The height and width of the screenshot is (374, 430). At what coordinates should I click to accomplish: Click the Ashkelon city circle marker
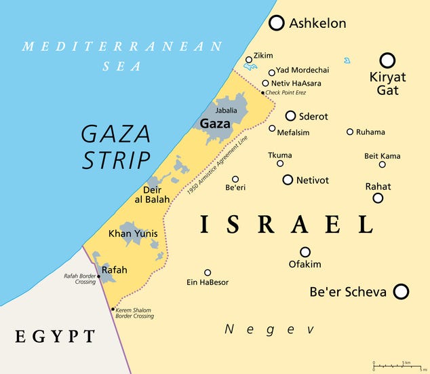pyautogui.click(x=277, y=23)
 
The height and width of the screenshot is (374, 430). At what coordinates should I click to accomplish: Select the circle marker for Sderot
pyautogui.click(x=290, y=116)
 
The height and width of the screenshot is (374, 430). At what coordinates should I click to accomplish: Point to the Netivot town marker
pyautogui.click(x=288, y=180)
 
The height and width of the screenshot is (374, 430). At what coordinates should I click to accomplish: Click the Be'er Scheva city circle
pyautogui.click(x=401, y=292)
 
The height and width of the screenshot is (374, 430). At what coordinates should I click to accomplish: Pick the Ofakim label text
pyautogui.click(x=305, y=264)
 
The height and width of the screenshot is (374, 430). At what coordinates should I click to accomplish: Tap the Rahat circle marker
pyautogui.click(x=378, y=198)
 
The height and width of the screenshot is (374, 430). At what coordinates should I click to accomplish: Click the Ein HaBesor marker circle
pyautogui.click(x=208, y=273)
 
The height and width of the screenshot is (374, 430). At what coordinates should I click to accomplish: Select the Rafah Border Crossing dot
pyautogui.click(x=99, y=277)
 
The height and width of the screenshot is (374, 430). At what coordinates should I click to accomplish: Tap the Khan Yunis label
pyautogui.click(x=133, y=233)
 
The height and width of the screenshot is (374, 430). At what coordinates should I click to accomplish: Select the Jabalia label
pyautogui.click(x=227, y=110)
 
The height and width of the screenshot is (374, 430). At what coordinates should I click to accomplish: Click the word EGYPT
pyautogui.click(x=55, y=336)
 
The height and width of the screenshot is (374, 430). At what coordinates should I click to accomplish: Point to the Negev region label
pyautogui.click(x=269, y=329)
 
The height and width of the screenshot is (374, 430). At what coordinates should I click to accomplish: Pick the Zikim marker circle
pyautogui.click(x=249, y=60)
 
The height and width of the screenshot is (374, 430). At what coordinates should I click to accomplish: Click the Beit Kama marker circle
pyautogui.click(x=382, y=164)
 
